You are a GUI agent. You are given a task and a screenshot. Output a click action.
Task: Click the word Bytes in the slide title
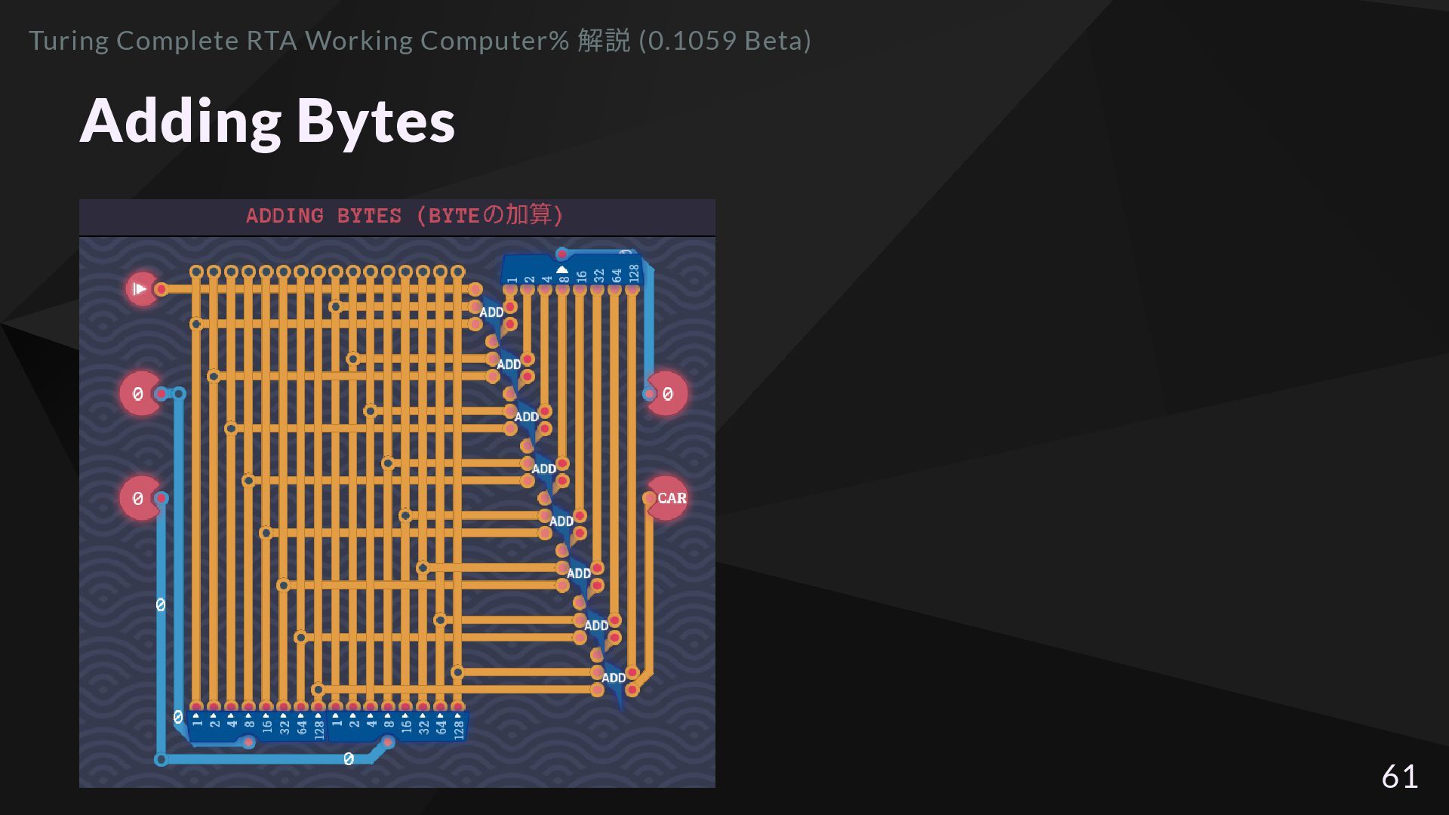375,121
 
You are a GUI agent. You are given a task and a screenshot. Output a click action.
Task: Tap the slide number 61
1399,777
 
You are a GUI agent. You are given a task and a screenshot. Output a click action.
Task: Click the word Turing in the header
69,41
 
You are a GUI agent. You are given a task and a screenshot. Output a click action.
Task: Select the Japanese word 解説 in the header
603,41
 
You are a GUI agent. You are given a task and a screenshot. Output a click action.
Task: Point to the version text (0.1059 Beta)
724,41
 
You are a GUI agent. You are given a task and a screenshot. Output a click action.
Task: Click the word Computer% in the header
494,41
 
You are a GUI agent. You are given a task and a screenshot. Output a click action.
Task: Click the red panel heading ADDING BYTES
323,217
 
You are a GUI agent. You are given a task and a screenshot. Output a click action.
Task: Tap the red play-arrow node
141,289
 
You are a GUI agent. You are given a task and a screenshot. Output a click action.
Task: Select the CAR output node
668,498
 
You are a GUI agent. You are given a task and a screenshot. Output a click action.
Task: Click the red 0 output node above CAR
668,394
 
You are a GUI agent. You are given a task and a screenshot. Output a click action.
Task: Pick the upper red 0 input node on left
139,394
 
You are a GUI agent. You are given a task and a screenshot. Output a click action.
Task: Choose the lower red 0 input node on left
139,498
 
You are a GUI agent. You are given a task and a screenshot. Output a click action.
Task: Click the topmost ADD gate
492,312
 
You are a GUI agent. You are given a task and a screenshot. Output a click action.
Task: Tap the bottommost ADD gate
614,678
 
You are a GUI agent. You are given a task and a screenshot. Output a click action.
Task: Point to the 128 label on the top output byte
634,273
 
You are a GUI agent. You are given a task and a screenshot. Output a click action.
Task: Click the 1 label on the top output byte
512,280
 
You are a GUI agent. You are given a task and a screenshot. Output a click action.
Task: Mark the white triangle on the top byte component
562,269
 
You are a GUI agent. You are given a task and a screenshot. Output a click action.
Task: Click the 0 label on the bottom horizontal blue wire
348,759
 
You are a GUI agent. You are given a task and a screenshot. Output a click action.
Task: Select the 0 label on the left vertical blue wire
160,604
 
